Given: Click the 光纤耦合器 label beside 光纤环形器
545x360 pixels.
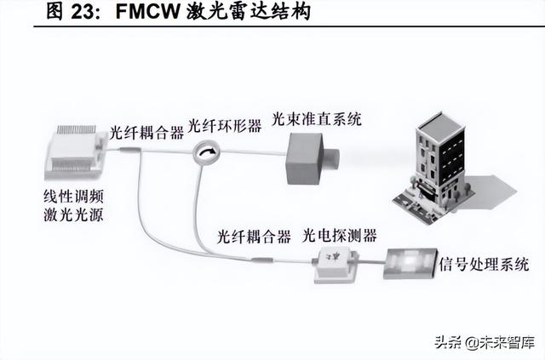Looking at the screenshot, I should (x=146, y=133).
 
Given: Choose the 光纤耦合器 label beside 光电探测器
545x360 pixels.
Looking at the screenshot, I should (x=254, y=236).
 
